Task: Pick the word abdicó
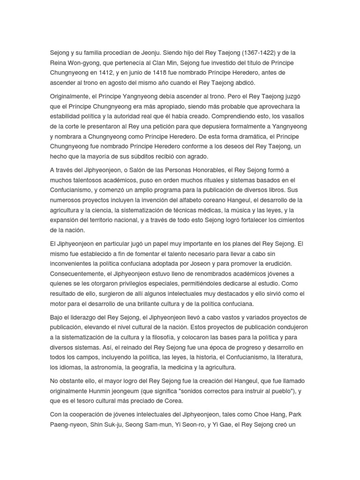[x=242, y=83]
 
